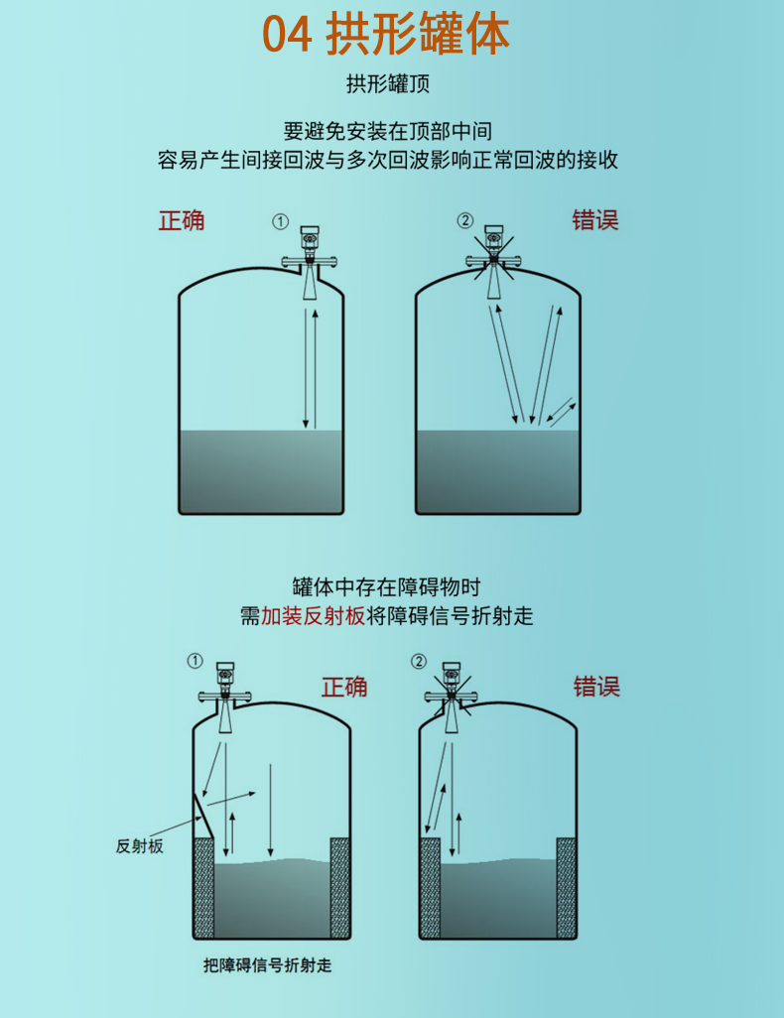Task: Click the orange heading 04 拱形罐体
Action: click(386, 35)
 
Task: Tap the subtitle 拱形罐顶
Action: click(388, 83)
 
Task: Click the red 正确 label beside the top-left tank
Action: click(182, 220)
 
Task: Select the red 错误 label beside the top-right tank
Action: click(595, 220)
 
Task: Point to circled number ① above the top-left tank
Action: click(280, 222)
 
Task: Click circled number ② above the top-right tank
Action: click(465, 220)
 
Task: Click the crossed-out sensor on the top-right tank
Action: click(493, 261)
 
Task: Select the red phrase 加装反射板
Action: click(313, 615)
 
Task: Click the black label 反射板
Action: click(139, 846)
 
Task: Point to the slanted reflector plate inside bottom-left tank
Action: click(202, 816)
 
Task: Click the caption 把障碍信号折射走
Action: click(268, 965)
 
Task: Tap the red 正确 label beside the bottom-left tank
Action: click(344, 687)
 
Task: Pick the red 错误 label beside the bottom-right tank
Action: click(596, 687)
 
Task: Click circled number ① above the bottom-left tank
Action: click(195, 661)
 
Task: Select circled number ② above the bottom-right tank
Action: click(419, 662)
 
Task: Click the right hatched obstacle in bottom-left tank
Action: click(339, 887)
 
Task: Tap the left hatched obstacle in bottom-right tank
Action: click(430, 887)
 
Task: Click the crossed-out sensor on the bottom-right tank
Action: click(452, 698)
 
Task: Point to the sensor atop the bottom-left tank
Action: click(225, 698)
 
